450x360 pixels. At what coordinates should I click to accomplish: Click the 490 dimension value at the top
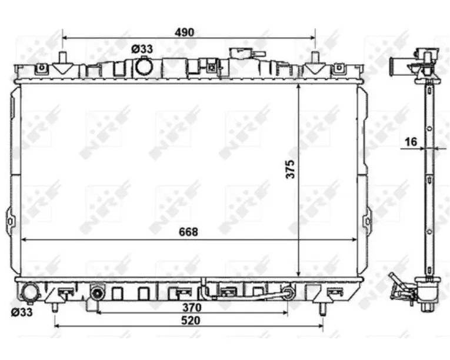click(x=185, y=32)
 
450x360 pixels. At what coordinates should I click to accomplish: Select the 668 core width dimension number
click(x=189, y=232)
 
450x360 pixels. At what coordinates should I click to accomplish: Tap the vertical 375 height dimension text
click(x=290, y=169)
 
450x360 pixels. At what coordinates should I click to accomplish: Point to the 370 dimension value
click(x=192, y=308)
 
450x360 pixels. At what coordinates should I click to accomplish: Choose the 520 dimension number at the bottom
click(x=191, y=321)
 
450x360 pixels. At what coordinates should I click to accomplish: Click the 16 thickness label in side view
click(x=411, y=142)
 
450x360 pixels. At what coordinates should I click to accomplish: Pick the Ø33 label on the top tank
click(x=142, y=49)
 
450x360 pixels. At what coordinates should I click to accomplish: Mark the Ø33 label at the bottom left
click(x=22, y=312)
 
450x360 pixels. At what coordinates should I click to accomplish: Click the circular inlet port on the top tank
click(x=144, y=66)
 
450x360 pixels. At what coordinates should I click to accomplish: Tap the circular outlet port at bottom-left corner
click(x=29, y=292)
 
